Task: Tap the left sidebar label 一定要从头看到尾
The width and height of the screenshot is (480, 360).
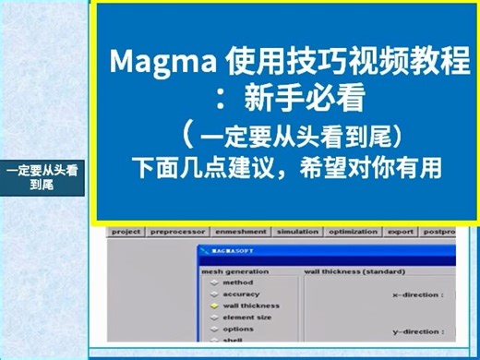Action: coord(43,176)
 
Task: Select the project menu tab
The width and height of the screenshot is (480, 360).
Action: coord(126,232)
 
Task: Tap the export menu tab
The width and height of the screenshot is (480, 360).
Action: coord(402,232)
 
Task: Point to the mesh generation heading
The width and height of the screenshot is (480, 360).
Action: coord(235,271)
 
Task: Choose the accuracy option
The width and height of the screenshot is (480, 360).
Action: coord(242,294)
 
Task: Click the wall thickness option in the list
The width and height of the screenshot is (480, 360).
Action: coord(251,306)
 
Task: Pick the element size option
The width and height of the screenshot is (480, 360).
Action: coord(247,317)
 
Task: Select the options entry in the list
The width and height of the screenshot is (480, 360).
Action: coord(238,329)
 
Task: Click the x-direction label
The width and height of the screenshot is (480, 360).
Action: coord(417,294)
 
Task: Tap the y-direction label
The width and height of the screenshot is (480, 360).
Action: coord(417,330)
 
